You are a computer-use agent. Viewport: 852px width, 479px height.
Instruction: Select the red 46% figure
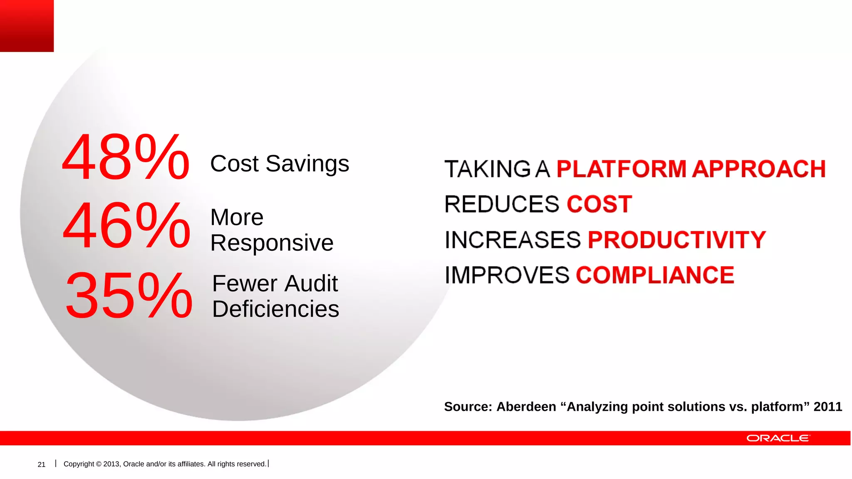[126, 226]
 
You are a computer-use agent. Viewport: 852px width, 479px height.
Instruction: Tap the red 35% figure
[129, 296]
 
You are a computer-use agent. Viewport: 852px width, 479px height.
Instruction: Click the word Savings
[307, 164]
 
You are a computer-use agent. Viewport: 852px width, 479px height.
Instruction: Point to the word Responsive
[272, 243]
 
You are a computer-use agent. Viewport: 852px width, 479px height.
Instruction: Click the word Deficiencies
[275, 309]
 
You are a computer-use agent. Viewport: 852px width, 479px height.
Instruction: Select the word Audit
[312, 284]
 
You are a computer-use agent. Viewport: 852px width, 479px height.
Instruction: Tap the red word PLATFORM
[621, 169]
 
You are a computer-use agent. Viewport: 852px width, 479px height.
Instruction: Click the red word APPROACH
[759, 169]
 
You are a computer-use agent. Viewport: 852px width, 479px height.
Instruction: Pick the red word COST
[599, 205]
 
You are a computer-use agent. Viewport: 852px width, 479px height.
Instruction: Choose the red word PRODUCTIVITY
[676, 240]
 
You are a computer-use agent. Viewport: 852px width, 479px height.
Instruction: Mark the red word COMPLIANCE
[655, 275]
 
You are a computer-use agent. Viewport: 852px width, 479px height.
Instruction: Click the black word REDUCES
[502, 205]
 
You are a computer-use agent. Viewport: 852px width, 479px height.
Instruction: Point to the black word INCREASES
[513, 240]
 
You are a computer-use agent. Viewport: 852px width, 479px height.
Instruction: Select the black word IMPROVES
[507, 275]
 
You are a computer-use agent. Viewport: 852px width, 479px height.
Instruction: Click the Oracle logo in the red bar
[778, 438]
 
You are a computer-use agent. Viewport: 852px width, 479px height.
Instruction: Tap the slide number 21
[42, 464]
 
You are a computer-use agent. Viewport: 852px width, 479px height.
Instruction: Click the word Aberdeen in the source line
[526, 407]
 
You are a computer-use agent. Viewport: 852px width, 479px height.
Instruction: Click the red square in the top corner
[27, 26]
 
